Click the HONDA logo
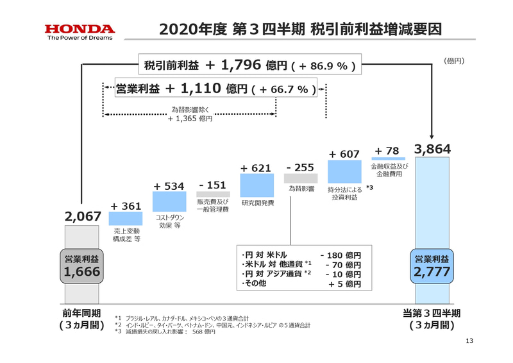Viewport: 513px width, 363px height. (80, 29)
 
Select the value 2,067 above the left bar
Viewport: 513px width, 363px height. (83, 217)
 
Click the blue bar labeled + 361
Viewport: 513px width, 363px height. (126, 219)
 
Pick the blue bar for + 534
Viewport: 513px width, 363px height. (169, 202)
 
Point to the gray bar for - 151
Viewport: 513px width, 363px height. (212, 194)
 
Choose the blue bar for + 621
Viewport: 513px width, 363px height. (257, 185)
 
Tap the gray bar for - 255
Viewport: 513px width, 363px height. (300, 179)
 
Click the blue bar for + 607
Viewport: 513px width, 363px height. (344, 172)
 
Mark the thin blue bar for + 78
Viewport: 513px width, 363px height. (387, 158)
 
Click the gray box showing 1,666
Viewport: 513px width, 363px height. (83, 267)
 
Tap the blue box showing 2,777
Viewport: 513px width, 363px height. (432, 267)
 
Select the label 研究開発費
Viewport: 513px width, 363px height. (257, 203)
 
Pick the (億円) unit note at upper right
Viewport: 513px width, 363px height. (453, 61)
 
